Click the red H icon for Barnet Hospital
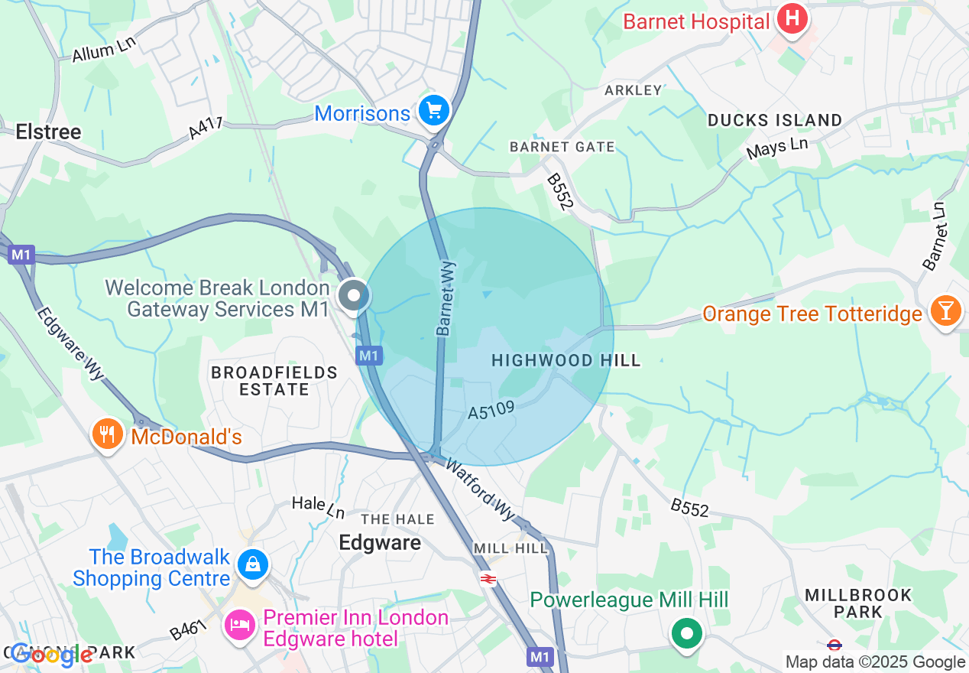(792, 18)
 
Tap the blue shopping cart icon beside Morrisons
(434, 112)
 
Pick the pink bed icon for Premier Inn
(240, 625)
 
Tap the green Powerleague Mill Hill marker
(686, 633)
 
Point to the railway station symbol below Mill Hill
(488, 579)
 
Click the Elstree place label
(48, 132)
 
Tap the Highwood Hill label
(566, 360)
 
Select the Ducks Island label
(774, 120)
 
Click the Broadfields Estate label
(274, 381)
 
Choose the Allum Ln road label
(103, 51)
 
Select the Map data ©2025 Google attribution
(875, 662)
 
